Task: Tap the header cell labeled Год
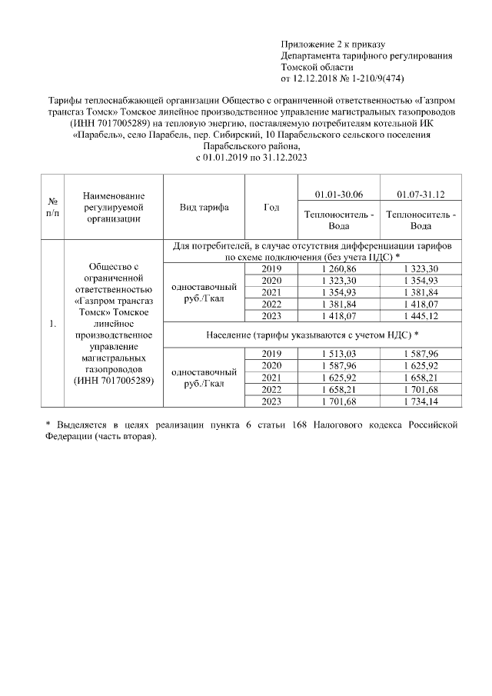coord(271,208)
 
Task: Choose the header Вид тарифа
coord(204,208)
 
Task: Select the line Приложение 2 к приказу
coord(333,45)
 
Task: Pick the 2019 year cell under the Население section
coord(271,353)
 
